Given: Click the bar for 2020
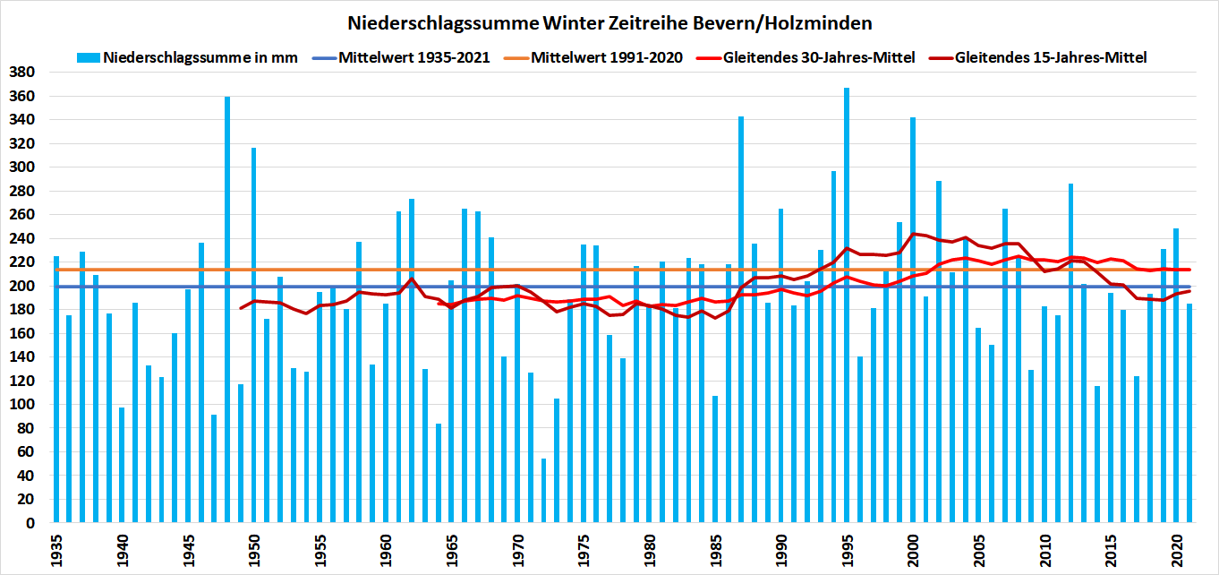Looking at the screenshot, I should point(1176,375).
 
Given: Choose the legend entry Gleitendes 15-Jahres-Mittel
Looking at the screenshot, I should point(1050,57).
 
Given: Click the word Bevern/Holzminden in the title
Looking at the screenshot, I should point(780,21).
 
